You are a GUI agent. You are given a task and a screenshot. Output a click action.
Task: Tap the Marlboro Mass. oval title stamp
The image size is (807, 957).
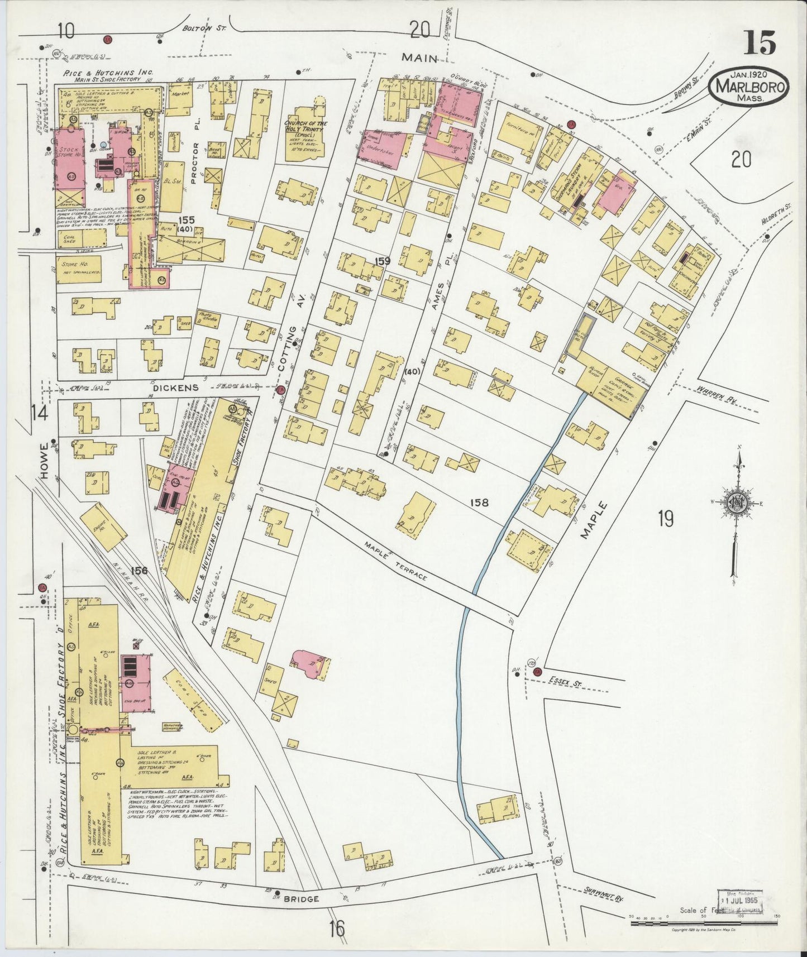click(x=749, y=86)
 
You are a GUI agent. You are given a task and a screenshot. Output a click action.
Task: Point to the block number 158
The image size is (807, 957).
click(x=479, y=503)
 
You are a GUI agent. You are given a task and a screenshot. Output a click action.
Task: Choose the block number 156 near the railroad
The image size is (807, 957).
click(x=139, y=570)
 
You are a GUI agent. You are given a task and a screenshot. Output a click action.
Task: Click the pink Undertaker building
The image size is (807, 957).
click(x=385, y=149)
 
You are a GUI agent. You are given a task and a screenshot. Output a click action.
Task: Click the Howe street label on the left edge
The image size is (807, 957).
click(x=45, y=465)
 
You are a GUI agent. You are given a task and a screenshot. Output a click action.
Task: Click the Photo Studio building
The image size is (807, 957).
click(x=207, y=320)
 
